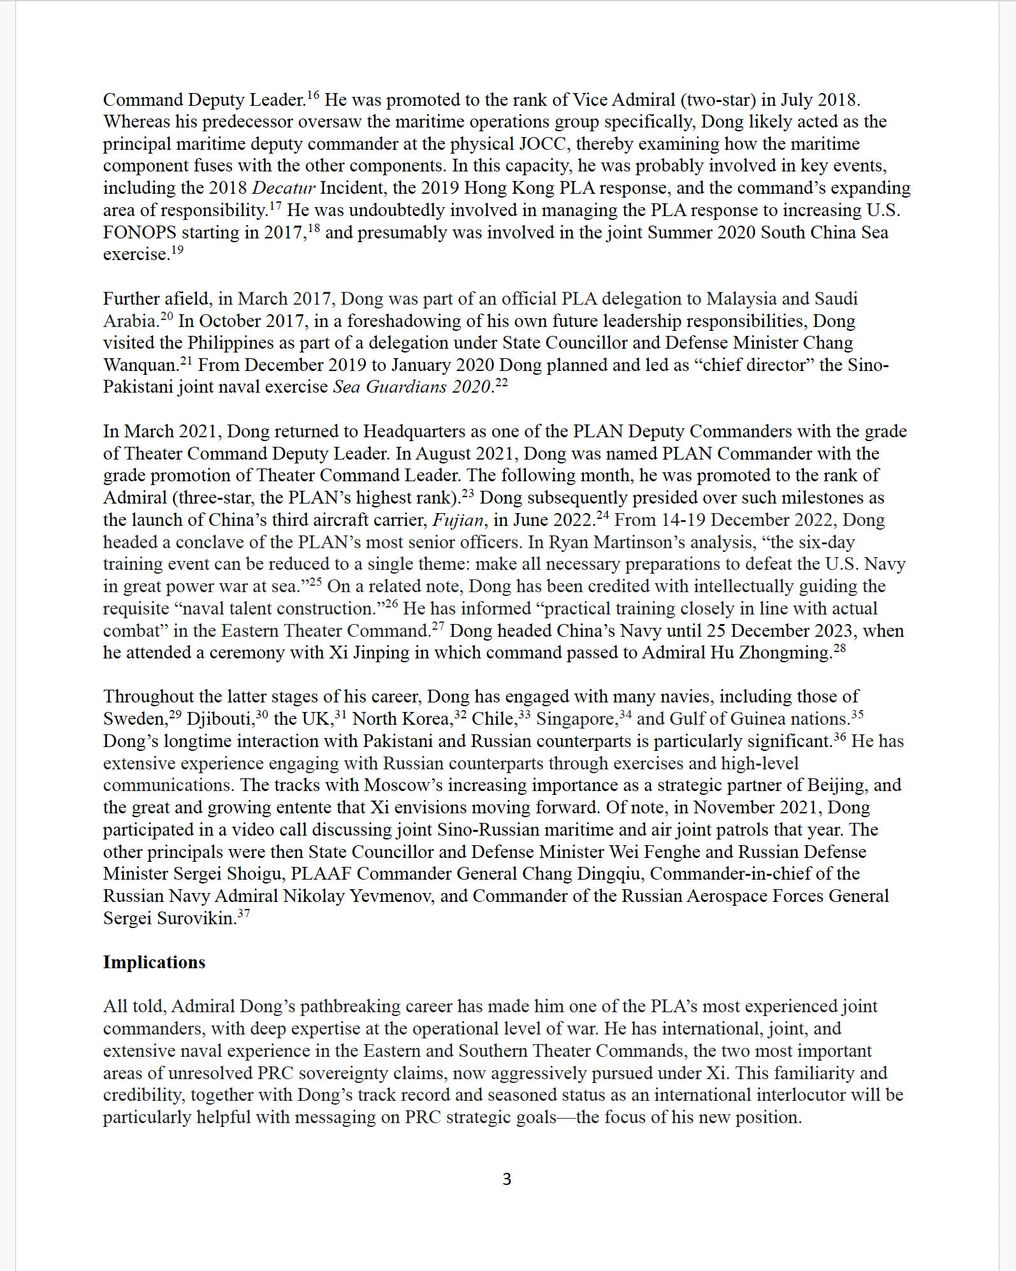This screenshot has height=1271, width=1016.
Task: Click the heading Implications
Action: pyautogui.click(x=154, y=962)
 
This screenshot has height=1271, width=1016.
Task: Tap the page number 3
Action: pyautogui.click(x=507, y=1179)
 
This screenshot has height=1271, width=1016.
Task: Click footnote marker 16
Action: pyautogui.click(x=313, y=96)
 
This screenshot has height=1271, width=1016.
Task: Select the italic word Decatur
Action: pyautogui.click(x=284, y=188)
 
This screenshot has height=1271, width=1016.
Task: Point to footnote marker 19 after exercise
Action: pyautogui.click(x=177, y=250)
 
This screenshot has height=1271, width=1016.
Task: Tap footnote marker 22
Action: pyautogui.click(x=502, y=383)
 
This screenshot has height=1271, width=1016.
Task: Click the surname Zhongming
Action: pyautogui.click(x=785, y=653)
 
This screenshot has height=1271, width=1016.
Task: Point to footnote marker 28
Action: pyautogui.click(x=840, y=649)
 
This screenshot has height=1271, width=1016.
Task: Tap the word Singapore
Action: pyautogui.click(x=577, y=719)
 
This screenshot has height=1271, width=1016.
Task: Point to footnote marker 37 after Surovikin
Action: pyautogui.click(x=243, y=914)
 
